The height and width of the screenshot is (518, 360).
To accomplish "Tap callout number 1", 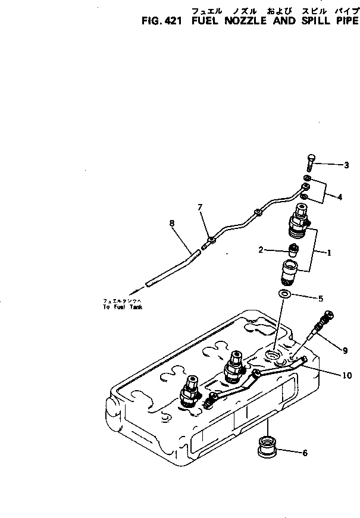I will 329,252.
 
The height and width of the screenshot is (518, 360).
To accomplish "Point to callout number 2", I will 261,250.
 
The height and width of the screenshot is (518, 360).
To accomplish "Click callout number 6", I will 305,453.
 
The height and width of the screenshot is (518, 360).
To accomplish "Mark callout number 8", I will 171,224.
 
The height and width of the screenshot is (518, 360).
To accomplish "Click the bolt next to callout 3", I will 310,162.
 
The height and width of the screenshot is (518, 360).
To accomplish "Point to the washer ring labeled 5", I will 284,294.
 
